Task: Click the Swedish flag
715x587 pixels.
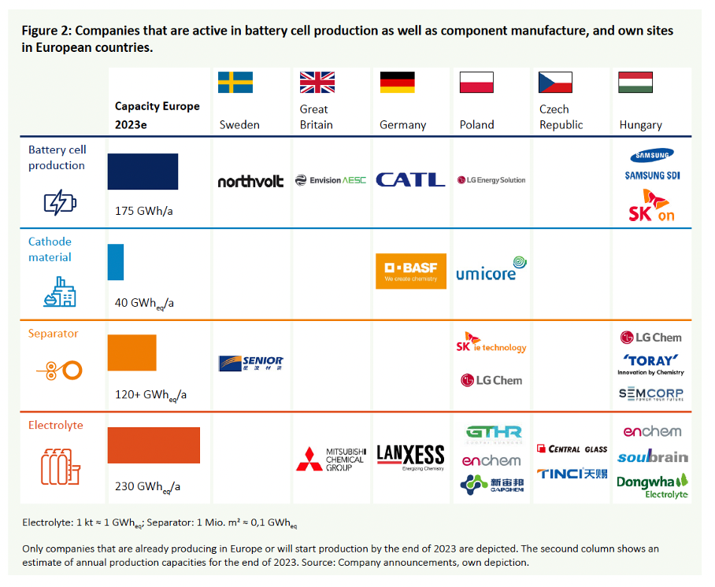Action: (235, 83)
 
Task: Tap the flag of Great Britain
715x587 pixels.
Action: (317, 83)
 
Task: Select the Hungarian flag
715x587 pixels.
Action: (634, 83)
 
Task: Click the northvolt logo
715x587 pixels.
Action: (250, 181)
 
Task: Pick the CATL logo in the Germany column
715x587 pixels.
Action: (410, 180)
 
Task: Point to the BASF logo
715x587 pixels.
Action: (411, 271)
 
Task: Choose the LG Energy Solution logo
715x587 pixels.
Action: (491, 180)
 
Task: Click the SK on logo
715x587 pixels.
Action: (651, 206)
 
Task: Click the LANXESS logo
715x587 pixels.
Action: (410, 456)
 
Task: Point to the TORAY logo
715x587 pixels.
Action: (650, 363)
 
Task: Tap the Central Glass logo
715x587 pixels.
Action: (572, 449)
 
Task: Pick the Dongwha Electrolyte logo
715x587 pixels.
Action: (652, 485)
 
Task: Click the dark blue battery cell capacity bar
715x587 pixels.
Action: (143, 172)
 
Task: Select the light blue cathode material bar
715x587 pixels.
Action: (116, 262)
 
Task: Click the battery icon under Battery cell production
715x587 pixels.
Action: (60, 203)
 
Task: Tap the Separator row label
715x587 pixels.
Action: (54, 334)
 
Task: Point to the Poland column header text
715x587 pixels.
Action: (476, 124)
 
